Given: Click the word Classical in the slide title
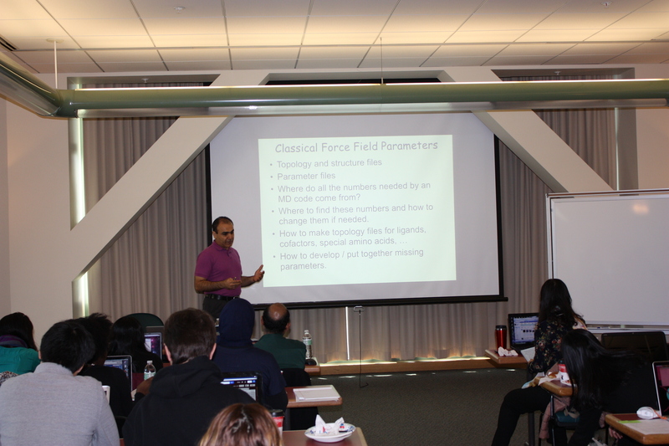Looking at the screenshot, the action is [296, 147].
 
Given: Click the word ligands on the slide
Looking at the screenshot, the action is [411, 230].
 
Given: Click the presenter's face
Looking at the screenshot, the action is [224, 233].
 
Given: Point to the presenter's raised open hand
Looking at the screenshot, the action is [258, 273].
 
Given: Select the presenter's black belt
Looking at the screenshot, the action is [221, 297].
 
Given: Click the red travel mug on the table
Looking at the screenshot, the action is [501, 336].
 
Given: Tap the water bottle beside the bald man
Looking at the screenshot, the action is [307, 345].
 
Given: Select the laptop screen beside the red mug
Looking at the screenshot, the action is [522, 330].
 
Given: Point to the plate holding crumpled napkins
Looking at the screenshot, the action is [329, 432].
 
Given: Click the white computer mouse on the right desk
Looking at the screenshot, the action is [647, 413].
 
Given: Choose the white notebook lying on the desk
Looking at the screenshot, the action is [317, 393].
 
